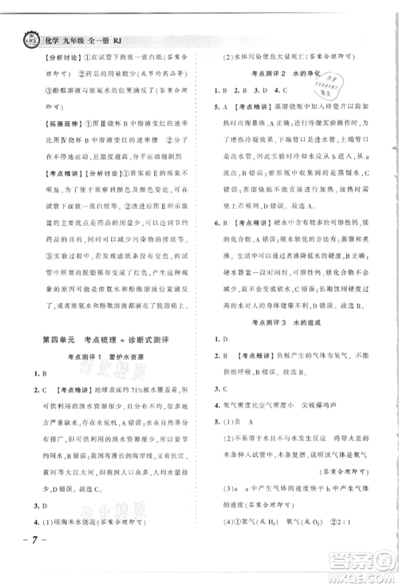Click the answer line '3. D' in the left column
[x=38, y=506]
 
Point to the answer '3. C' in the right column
[x=218, y=388]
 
